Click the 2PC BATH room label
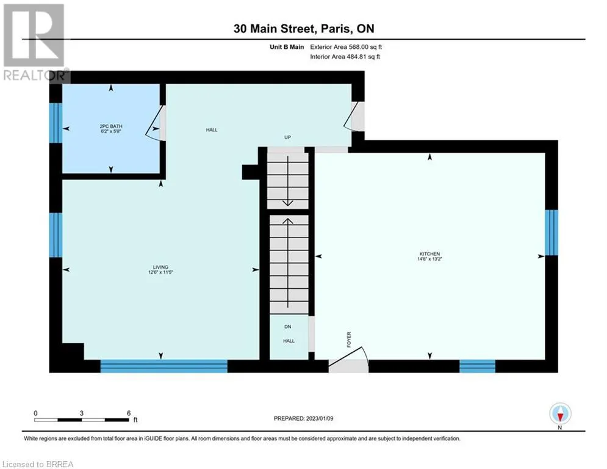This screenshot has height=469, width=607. point(110,126)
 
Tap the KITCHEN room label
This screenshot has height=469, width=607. point(429,254)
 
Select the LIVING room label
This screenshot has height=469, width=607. point(160,267)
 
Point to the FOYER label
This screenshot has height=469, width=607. point(349,340)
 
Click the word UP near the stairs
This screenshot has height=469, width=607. point(287,137)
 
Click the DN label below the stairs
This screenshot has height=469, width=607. point(287,327)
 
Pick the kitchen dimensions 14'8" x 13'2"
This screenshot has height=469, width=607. point(429,259)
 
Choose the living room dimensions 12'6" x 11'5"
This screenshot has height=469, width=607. point(160,272)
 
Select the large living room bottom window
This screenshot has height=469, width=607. point(163,366)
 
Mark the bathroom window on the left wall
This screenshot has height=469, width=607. point(56,123)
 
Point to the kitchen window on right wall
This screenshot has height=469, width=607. point(551,233)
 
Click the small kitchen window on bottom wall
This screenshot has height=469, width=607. point(477,366)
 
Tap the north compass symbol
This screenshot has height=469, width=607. point(560,415)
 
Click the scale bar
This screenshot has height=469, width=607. point(81,420)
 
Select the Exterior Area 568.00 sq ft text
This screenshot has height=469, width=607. point(346,47)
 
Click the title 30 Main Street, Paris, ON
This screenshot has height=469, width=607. point(304,29)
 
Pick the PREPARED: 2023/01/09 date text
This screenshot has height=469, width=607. point(304,418)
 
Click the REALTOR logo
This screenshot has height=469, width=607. point(35,43)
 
